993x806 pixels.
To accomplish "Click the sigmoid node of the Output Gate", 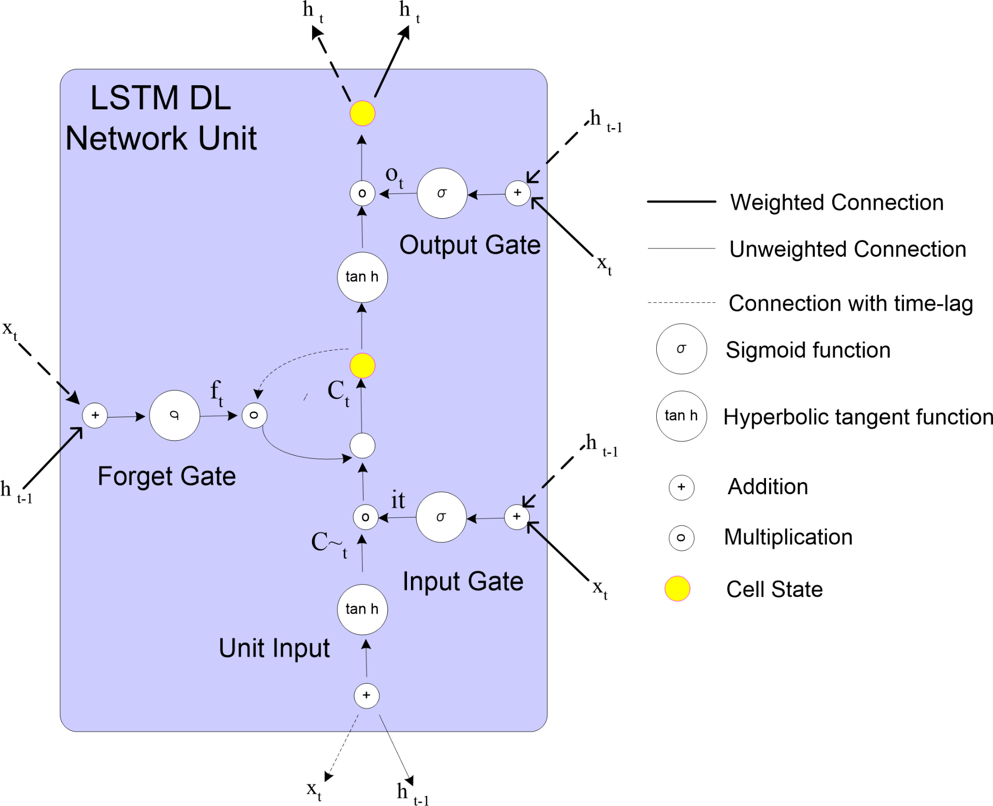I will coord(442,193).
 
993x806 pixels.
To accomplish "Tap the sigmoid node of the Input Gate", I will coord(441,517).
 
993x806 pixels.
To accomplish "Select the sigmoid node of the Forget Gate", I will coord(174,415).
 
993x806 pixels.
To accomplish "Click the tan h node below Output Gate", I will coord(362,277).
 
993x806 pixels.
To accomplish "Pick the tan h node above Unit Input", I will coord(362,609).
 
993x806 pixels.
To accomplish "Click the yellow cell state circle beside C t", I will coord(362,366).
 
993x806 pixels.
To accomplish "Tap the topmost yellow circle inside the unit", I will coord(362,113).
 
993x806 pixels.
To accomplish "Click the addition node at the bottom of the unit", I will coord(366,695).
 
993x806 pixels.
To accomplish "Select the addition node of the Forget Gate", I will coord(95,415).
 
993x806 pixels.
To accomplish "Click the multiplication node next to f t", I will coord(254,415).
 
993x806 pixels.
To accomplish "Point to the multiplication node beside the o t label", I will coord(362,193).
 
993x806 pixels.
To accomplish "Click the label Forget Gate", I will coord(167,476).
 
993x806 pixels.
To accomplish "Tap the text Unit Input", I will coord(274,648).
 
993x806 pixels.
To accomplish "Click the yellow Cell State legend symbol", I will coord(677,589).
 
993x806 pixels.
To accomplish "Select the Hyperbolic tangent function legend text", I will coord(858,417).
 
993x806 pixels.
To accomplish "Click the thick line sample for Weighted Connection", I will coord(681,201).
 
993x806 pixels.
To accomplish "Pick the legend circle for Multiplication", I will coord(681,538).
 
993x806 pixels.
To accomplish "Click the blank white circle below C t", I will coord(362,445).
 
